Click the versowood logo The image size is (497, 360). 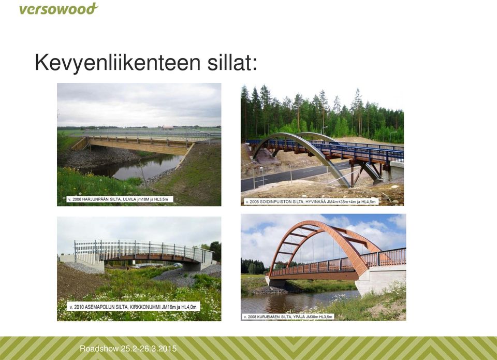59,9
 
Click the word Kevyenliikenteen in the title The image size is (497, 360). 118,63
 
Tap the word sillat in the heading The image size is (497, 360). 232,63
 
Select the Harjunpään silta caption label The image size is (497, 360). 120,199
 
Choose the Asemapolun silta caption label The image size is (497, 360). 133,307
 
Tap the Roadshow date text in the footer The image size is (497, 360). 128,349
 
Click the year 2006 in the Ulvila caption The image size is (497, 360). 77,199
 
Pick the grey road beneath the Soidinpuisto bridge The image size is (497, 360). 295,176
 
